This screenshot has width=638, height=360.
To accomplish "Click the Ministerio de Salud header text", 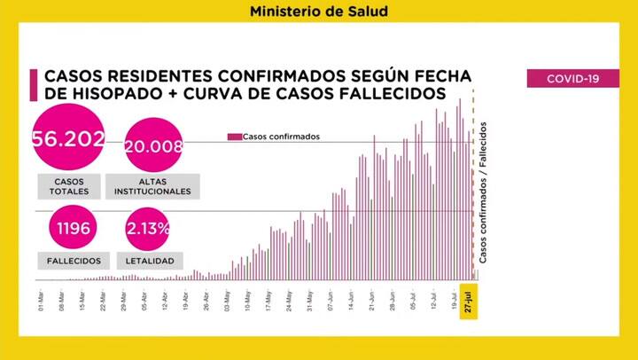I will [318, 12].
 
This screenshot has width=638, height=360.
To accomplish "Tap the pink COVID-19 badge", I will [572, 79].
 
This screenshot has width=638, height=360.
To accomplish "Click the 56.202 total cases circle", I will [68, 138].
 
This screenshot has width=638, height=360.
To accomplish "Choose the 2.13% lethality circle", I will [148, 229].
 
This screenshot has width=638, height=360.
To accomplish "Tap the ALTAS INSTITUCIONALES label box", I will [152, 185].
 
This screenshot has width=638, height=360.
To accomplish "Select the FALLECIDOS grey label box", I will [74, 262].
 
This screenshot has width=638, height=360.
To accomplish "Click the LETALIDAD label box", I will [155, 262].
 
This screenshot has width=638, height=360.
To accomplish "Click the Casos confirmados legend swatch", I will [234, 137].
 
